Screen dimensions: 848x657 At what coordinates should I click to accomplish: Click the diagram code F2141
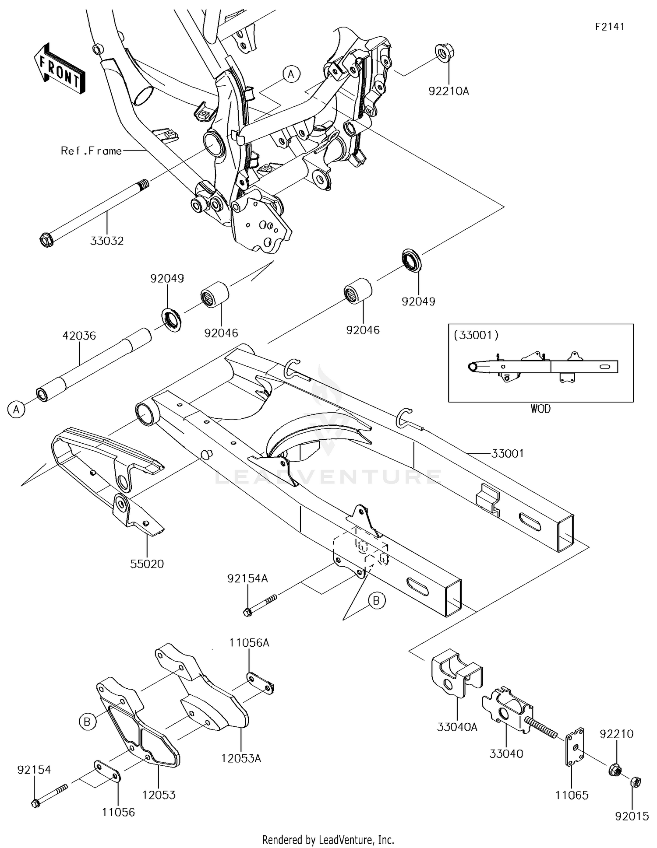[x=609, y=27]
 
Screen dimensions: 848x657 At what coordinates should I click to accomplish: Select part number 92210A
[x=449, y=91]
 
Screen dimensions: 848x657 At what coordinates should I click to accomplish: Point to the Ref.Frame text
[x=91, y=151]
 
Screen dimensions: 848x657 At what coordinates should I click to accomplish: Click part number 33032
[x=107, y=241]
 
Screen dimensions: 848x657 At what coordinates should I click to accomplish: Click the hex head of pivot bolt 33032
[x=45, y=240]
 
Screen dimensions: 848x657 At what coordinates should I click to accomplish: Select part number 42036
[x=79, y=336]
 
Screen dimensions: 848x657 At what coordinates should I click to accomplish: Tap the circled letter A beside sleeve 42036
[x=16, y=410]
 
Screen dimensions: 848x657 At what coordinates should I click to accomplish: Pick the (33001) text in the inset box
[x=476, y=336]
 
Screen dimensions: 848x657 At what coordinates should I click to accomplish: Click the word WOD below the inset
[x=540, y=409]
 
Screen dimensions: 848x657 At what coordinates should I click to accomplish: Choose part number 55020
[x=147, y=564]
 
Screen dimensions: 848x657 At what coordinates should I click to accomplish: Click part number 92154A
[x=247, y=578]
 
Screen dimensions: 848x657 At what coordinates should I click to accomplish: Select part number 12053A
[x=241, y=758]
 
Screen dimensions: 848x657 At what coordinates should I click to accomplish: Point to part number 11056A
[x=249, y=643]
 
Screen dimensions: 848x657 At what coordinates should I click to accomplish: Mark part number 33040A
[x=457, y=727]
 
